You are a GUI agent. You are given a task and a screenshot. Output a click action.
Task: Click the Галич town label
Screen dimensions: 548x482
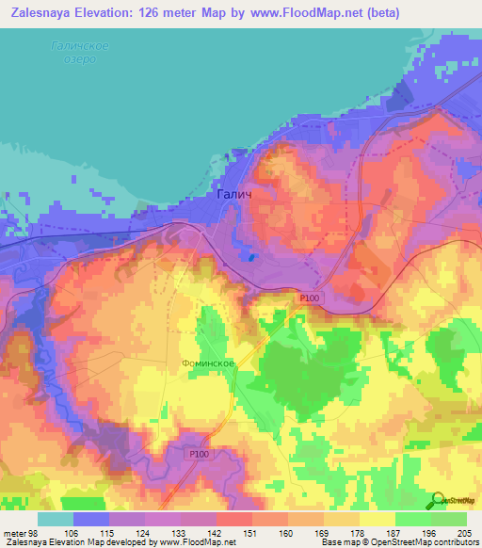pos(233,195)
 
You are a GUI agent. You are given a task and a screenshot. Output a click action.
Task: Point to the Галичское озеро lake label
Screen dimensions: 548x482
pos(79,53)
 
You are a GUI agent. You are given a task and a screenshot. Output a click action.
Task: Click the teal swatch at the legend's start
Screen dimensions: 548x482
pos(55,519)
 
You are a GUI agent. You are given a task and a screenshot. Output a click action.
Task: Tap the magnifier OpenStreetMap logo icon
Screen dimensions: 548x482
pos(436,500)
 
